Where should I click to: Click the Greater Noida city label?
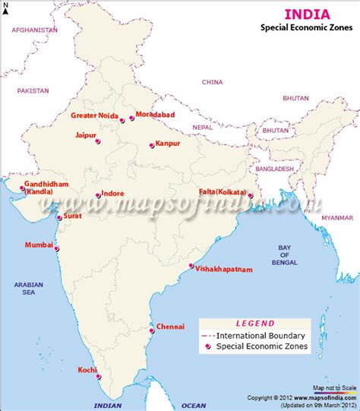click(94, 115)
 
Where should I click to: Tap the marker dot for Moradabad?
click(132, 119)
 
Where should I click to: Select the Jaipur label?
click(85, 134)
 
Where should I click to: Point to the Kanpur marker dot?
click(151, 144)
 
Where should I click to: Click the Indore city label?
click(113, 194)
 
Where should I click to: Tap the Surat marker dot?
click(59, 217)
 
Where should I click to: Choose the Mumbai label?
click(39, 245)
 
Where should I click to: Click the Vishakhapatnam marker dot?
click(191, 266)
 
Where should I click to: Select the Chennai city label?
click(171, 327)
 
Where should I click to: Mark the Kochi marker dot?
click(98, 376)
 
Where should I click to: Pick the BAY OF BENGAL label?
click(284, 255)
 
